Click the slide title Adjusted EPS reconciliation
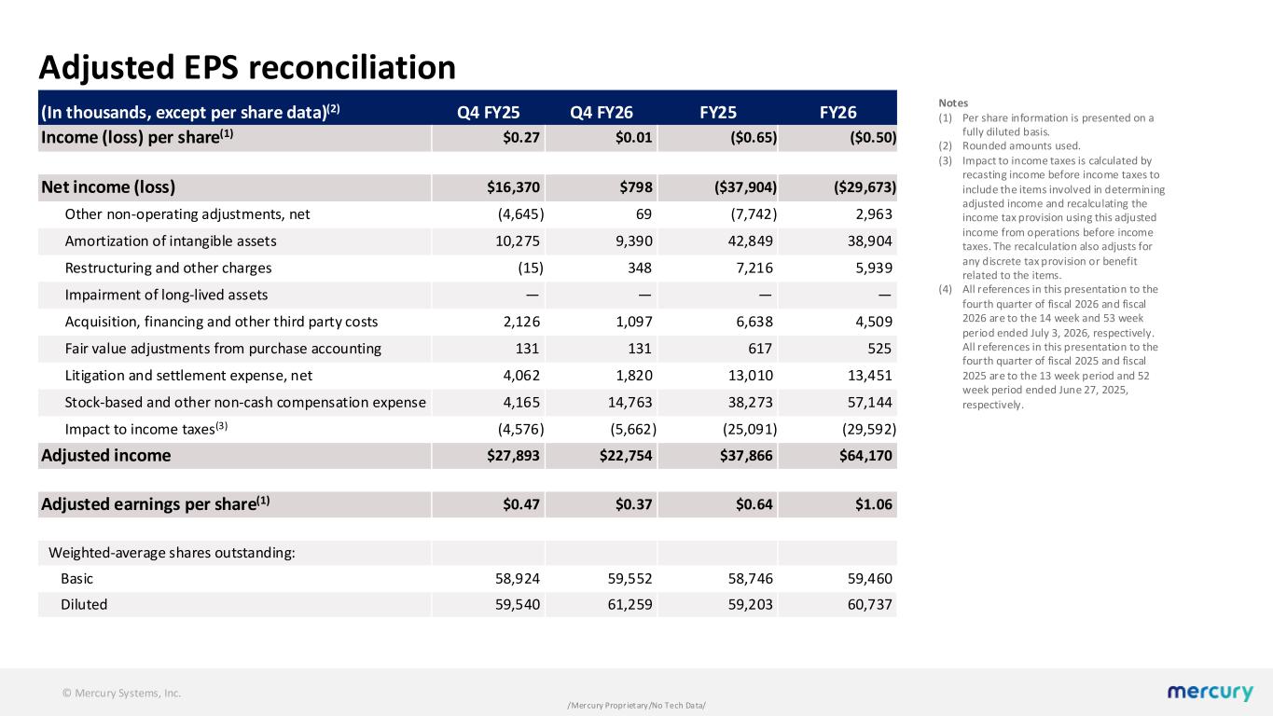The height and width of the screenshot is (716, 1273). pos(247,67)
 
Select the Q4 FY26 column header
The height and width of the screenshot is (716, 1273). pos(602,113)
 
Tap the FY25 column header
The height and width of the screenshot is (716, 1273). pos(718,113)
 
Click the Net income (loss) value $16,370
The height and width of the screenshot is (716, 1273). pos(513,187)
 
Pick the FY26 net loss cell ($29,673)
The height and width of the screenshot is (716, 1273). pos(865,187)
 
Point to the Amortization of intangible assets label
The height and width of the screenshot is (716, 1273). pos(171,241)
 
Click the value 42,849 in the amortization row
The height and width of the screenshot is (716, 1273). pos(750,241)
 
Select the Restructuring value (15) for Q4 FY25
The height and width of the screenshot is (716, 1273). pos(531,268)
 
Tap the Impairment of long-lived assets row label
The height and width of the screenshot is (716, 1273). pos(166,295)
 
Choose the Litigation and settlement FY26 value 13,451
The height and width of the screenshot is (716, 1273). pos(869,376)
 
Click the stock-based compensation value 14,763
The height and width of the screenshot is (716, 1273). pos(630,403)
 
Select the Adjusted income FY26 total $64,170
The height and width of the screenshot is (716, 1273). pos(865,456)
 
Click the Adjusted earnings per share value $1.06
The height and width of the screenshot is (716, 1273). pos(874,504)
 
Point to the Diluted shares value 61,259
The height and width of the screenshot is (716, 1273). pos(630,604)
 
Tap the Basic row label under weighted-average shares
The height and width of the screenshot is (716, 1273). pos(76,578)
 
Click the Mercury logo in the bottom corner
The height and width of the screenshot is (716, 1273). pos(1210,692)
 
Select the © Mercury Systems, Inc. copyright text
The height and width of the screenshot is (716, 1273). pos(121,693)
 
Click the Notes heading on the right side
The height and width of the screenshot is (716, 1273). pos(953,103)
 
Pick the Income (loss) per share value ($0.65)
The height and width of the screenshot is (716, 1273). pos(754,138)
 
